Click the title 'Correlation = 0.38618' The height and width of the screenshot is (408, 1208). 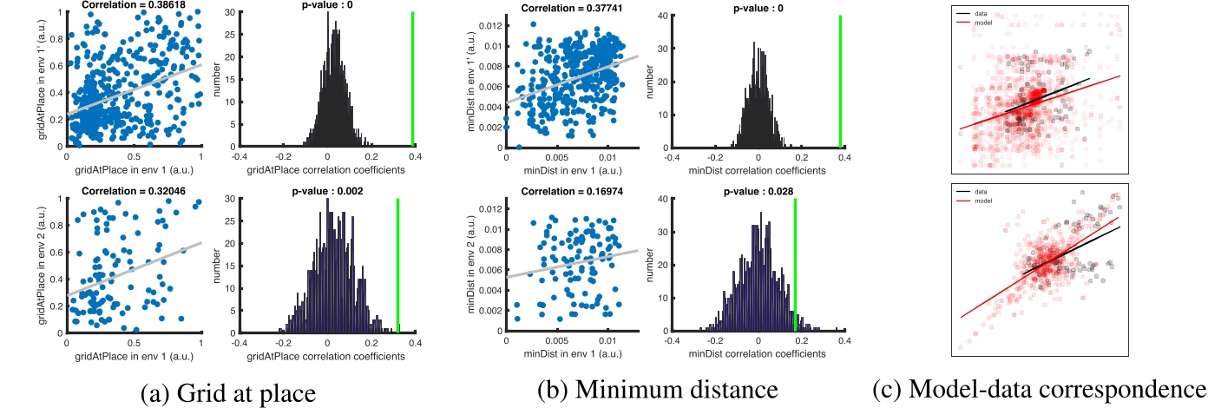(x=134, y=5)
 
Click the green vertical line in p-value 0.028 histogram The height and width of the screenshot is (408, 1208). (x=795, y=265)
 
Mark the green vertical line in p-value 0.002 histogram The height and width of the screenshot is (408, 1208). (x=397, y=265)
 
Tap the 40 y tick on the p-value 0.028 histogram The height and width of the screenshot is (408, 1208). (x=661, y=199)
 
